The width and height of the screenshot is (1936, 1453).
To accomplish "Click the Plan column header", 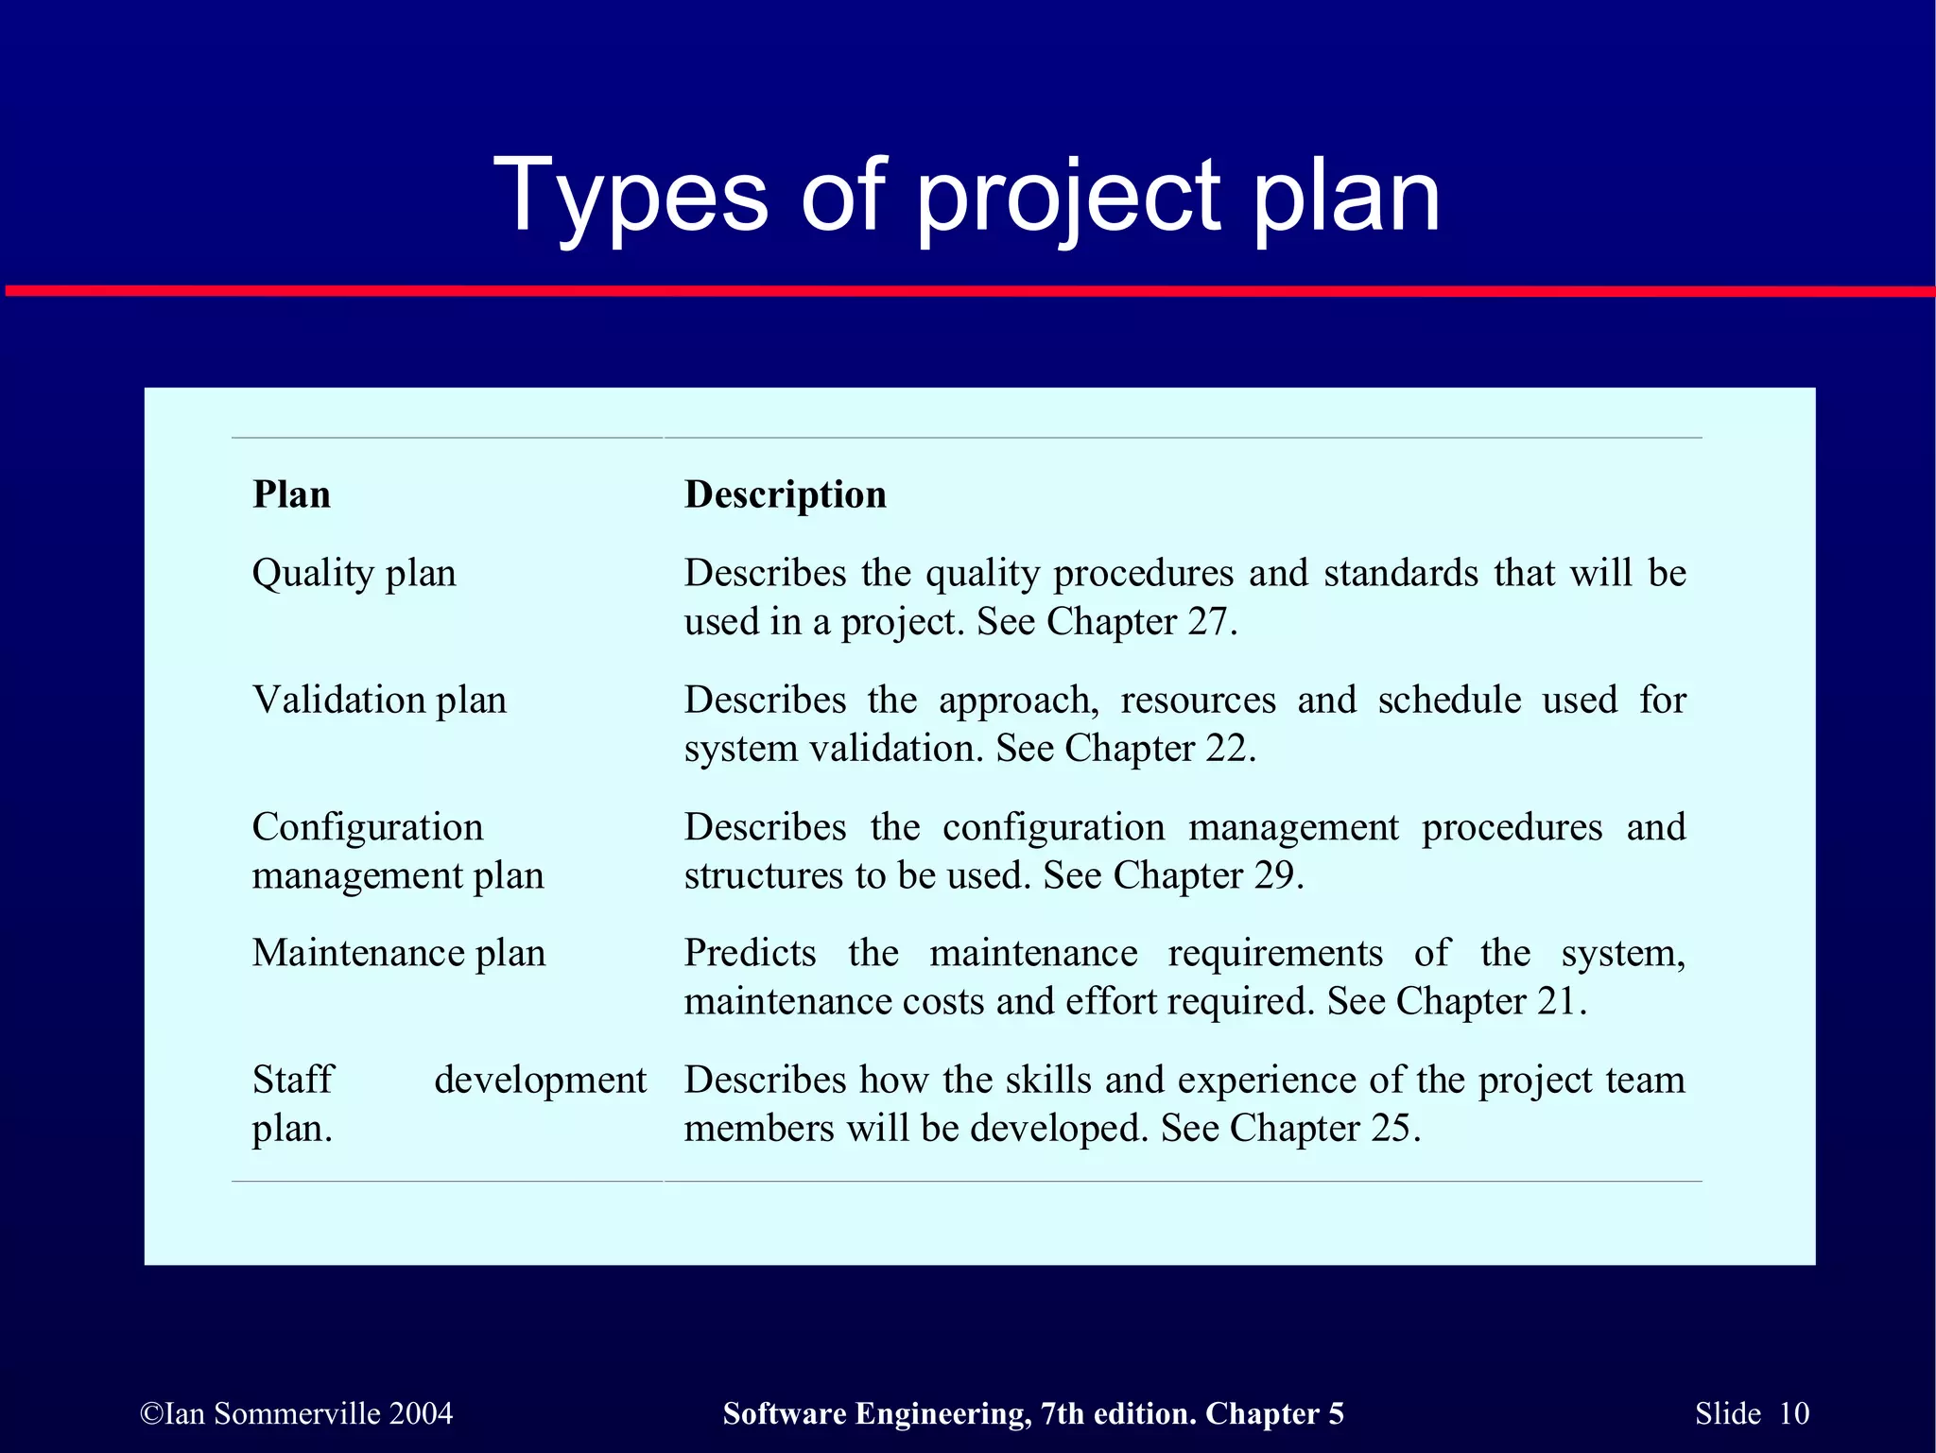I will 291,494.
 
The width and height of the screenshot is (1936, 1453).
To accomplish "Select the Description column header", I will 785,494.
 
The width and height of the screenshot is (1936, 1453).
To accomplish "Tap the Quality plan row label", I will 354,574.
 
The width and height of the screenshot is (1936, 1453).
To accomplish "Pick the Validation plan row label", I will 379,701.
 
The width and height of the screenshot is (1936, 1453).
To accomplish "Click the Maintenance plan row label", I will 398,953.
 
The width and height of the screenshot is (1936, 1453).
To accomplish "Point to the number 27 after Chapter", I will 1207,622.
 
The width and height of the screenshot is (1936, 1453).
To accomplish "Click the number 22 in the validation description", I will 1226,749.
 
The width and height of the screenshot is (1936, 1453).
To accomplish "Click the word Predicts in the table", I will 750,953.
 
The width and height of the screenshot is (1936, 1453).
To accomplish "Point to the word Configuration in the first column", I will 367,827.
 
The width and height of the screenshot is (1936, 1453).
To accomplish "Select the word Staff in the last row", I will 293,1080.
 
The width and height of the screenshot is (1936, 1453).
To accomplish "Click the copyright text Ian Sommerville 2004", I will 297,1413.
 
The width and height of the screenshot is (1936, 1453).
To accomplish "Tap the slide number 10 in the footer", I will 1793,1413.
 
